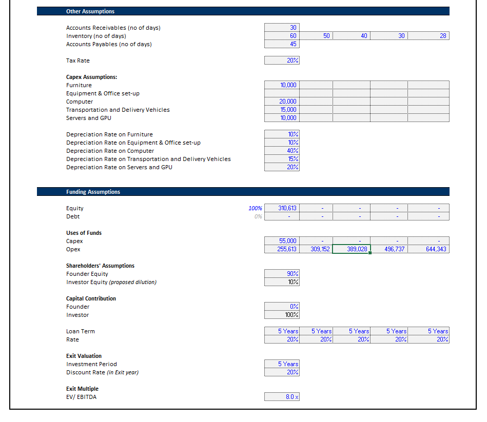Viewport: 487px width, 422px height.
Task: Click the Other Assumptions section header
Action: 90,11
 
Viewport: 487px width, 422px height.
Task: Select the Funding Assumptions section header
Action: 93,192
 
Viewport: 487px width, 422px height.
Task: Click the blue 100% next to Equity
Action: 255,208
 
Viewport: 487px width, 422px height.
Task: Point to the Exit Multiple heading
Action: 82,389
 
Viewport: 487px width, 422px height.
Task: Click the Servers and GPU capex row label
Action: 88,118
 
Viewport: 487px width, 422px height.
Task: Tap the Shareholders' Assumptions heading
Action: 100,266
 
